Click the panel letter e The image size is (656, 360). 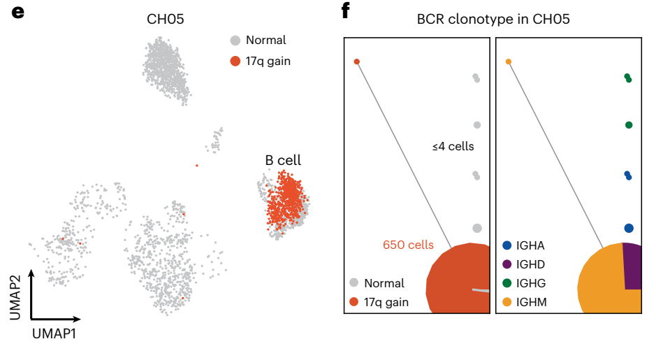pyautogui.click(x=19, y=12)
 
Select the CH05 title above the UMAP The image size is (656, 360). pyautogui.click(x=166, y=19)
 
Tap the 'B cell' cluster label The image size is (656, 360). pyautogui.click(x=283, y=160)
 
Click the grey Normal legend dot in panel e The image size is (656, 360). pyautogui.click(x=236, y=41)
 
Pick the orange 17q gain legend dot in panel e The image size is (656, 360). pyautogui.click(x=236, y=61)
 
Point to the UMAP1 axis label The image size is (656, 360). pyautogui.click(x=54, y=333)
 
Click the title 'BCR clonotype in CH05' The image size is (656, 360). pyautogui.click(x=489, y=19)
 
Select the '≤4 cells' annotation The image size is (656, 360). pyautogui.click(x=453, y=147)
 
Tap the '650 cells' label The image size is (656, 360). pyautogui.click(x=408, y=245)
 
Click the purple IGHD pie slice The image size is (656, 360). pyautogui.click(x=632, y=266)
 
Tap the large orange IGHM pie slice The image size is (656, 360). pyautogui.click(x=604, y=287)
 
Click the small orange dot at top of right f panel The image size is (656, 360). pyautogui.click(x=509, y=62)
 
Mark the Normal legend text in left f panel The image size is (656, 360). pyautogui.click(x=384, y=283)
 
